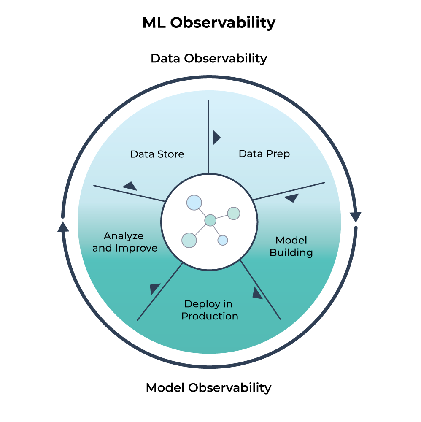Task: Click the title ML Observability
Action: (209, 23)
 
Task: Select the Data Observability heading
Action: (209, 58)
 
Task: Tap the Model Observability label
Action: (208, 387)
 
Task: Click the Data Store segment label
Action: (157, 154)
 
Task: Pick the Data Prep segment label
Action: (264, 154)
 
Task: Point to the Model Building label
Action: (291, 246)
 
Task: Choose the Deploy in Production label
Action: (210, 310)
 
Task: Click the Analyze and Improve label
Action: (124, 242)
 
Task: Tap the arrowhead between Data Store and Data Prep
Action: (216, 137)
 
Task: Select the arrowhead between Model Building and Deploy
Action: (257, 293)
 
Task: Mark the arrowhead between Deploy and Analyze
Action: (154, 288)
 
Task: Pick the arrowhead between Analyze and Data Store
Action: (130, 186)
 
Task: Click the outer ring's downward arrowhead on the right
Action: (356, 216)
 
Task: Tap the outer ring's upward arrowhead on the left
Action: (63, 227)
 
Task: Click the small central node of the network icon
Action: (210, 220)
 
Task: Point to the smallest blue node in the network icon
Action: (223, 240)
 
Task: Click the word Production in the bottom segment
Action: (210, 316)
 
